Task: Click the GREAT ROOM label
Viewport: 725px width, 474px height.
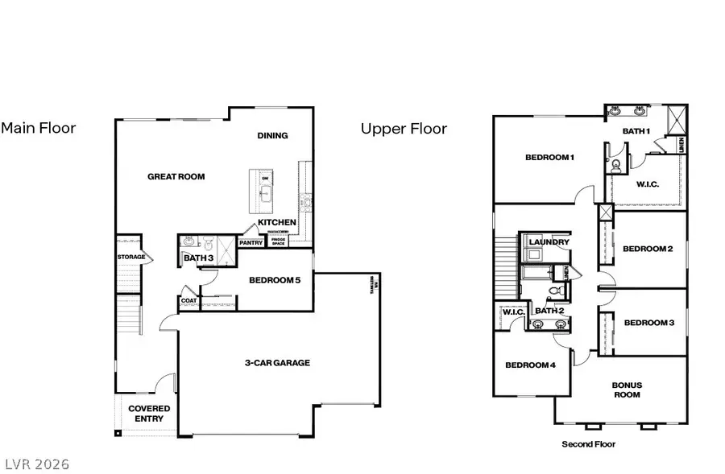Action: [176, 176]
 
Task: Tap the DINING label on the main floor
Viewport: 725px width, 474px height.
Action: [272, 135]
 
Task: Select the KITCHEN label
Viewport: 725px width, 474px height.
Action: [276, 222]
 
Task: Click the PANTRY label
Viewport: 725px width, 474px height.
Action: [251, 241]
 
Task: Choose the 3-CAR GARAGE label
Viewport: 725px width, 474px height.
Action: [277, 363]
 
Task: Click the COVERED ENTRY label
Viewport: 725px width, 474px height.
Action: [149, 414]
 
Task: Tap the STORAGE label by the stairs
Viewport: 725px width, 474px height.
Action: [131, 257]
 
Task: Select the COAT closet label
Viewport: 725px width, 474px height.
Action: [188, 301]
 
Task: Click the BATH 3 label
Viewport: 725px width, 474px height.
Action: [197, 258]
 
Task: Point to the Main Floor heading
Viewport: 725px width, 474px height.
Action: [38, 128]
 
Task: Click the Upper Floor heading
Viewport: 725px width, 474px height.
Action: [404, 128]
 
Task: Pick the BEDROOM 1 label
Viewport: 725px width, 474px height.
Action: [549, 157]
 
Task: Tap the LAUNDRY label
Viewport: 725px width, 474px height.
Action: [549, 241]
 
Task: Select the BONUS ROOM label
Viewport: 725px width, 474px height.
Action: [627, 390]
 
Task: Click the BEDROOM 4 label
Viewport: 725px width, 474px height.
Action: [530, 365]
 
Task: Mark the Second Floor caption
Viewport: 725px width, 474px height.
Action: [588, 444]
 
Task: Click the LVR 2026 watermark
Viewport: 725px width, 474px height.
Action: [35, 464]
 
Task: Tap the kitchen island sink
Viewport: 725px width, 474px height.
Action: [263, 193]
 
